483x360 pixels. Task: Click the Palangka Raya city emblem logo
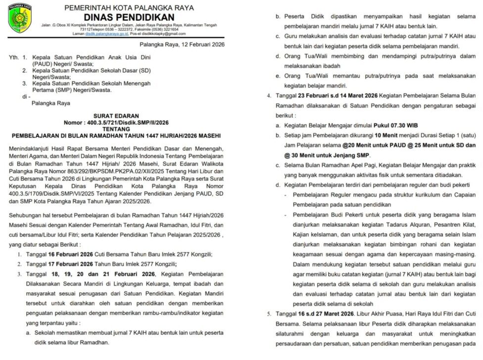click(x=20, y=20)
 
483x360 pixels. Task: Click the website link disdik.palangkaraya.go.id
click(x=107, y=34)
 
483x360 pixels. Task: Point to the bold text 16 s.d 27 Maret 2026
click(x=329, y=314)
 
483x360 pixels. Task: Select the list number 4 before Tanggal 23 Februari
click(x=269, y=95)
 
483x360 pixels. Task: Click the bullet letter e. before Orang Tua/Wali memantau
click(x=279, y=76)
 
